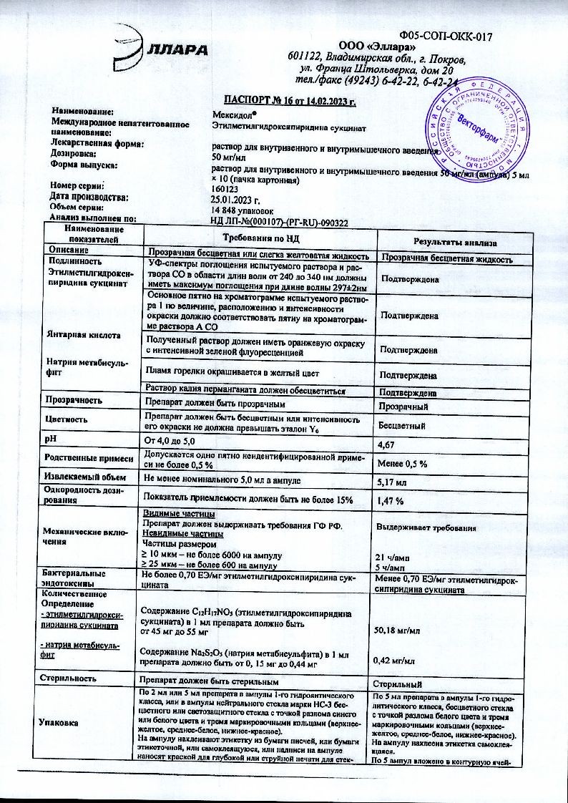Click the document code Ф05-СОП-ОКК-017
click(446, 35)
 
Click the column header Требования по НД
click(260, 238)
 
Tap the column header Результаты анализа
click(450, 243)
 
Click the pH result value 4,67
click(386, 444)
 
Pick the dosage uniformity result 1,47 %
click(390, 501)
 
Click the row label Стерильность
click(70, 676)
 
